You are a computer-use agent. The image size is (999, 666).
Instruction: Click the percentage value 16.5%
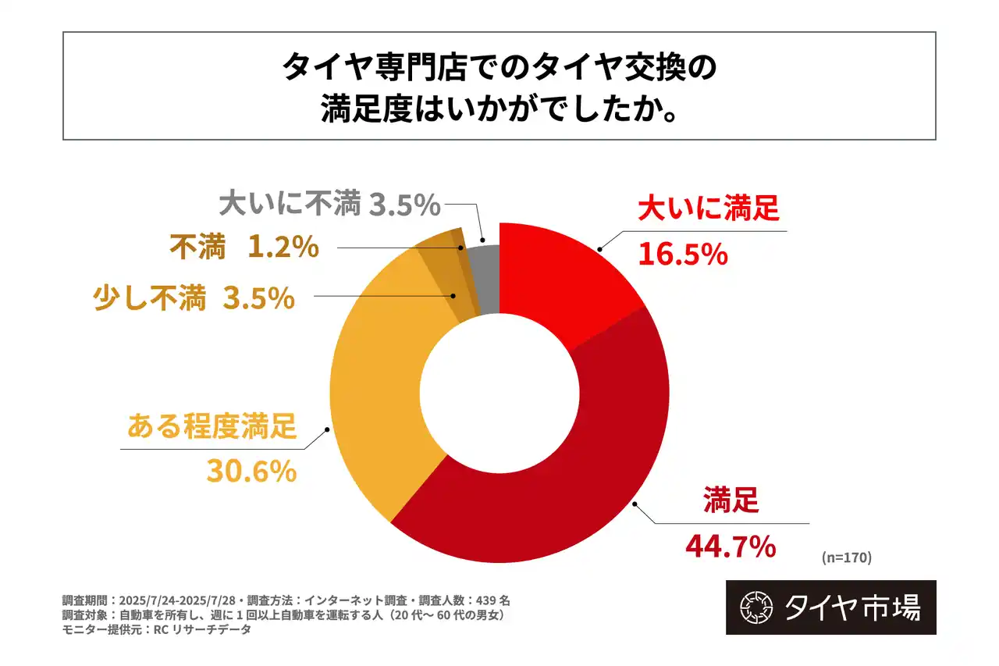[683, 254]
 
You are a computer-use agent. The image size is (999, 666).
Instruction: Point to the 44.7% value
[730, 547]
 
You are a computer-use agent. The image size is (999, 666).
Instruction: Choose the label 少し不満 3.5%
[194, 297]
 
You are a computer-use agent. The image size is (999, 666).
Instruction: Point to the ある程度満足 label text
[212, 428]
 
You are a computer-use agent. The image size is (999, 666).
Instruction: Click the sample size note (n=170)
[846, 557]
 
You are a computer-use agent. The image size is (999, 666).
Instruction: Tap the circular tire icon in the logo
[755, 607]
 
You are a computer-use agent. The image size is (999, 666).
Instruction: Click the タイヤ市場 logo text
[852, 607]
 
